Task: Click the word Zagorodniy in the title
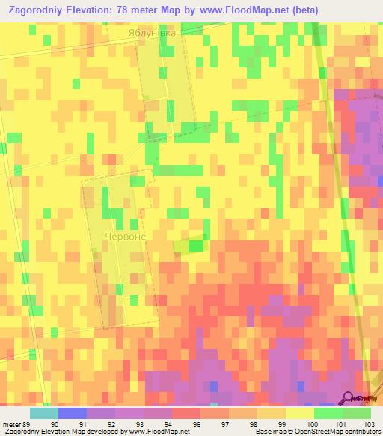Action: [x=41, y=10]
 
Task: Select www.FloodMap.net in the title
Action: [x=242, y=10]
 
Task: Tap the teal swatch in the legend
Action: [x=44, y=413]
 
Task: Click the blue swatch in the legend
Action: [x=73, y=413]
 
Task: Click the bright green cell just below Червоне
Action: [x=196, y=245]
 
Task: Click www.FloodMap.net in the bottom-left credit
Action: [x=159, y=432]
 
